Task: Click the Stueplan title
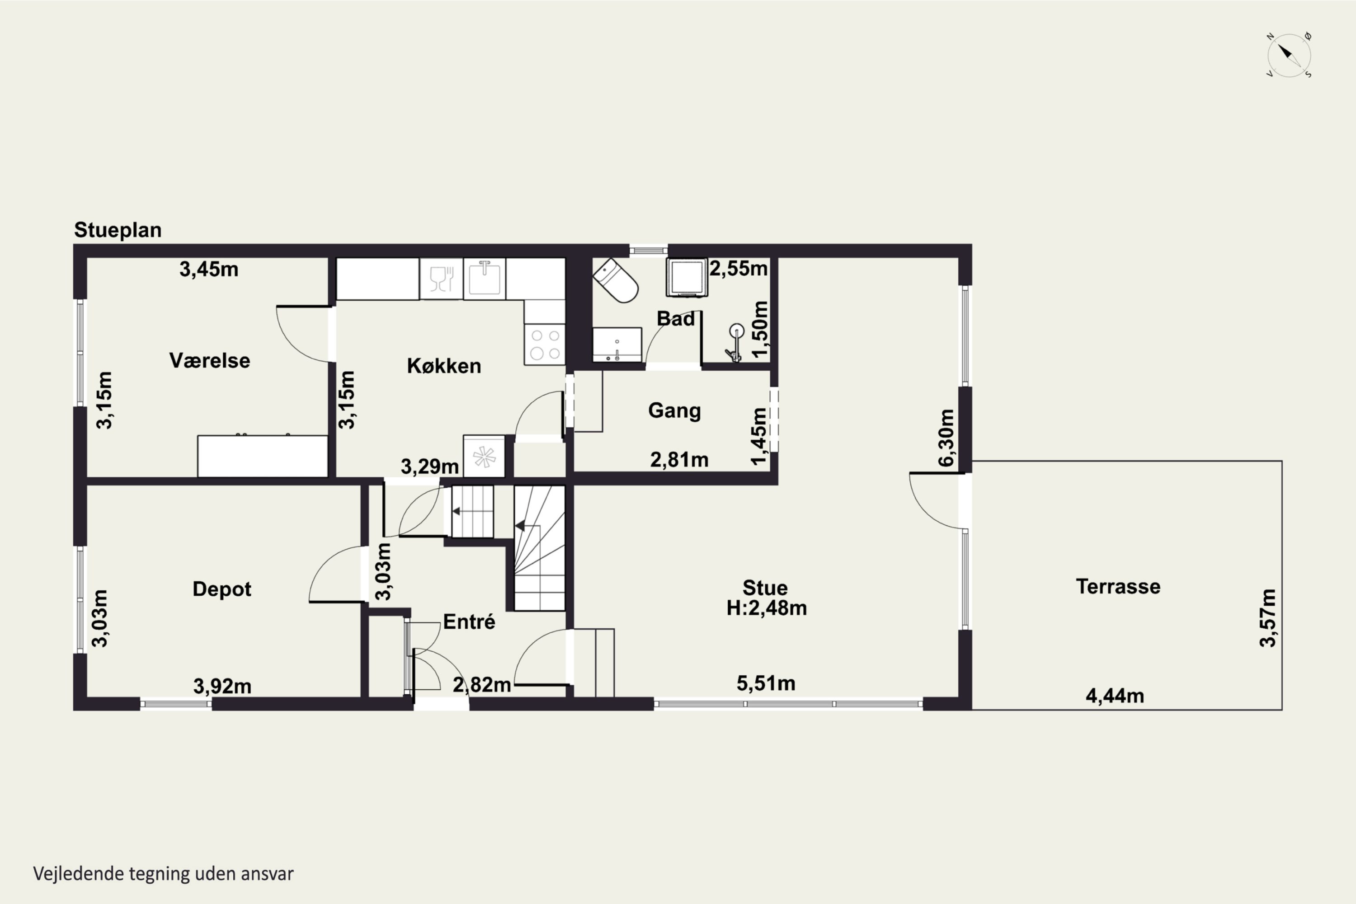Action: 118,230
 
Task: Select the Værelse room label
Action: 210,361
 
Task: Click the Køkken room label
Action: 444,366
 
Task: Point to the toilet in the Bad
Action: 616,280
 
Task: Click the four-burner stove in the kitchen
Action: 545,344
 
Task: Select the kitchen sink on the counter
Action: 484,279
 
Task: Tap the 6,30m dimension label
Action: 946,438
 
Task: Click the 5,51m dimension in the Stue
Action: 766,683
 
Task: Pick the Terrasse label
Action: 1118,586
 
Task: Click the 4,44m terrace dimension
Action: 1115,696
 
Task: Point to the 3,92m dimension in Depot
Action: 222,686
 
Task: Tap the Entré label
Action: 469,621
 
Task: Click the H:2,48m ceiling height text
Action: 766,608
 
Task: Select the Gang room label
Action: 674,410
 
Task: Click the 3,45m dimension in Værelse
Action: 209,269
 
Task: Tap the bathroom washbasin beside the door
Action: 617,345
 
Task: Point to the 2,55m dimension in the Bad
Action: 739,268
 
